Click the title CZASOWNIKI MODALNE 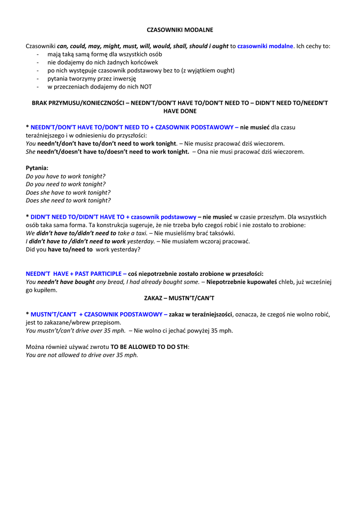180,30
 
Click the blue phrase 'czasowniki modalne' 265,46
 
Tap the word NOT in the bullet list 146,86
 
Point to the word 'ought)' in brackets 226,71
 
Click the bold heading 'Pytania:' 37,168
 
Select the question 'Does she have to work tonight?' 68,192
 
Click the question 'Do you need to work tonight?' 66,184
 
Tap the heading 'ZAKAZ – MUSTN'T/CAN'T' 180,298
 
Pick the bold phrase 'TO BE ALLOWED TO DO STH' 149,346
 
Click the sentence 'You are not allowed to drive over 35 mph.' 82,355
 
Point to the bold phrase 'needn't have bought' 66,282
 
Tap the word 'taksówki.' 222,233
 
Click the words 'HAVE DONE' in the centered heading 180,111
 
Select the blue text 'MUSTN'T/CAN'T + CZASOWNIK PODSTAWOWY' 96,314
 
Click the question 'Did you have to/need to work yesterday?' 83,250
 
